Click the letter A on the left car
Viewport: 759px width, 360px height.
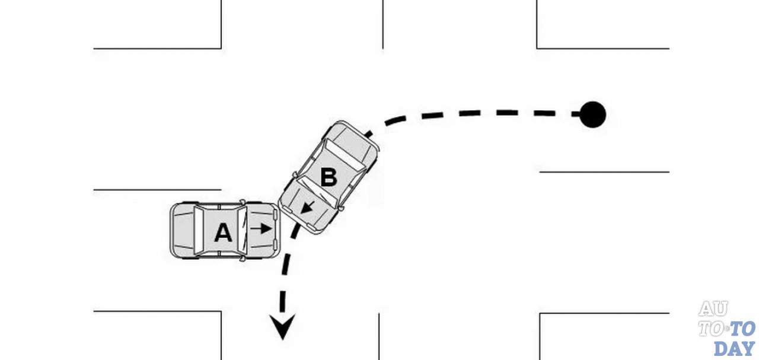223,232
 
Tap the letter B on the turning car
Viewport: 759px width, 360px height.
329,177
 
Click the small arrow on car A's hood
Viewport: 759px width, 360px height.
261,227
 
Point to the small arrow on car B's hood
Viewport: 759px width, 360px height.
307,208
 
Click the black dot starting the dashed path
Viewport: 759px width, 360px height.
592,114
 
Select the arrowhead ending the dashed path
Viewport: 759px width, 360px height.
283,328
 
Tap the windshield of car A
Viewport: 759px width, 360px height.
243,231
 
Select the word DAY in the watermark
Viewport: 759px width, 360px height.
734,347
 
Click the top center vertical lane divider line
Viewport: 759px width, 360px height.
382,24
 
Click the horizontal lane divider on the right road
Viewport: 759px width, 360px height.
604,172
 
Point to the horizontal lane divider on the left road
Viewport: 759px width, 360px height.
157,190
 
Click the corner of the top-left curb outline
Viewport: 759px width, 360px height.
221,48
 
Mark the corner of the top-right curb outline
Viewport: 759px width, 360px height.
537,48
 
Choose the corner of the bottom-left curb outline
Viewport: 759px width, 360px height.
221,312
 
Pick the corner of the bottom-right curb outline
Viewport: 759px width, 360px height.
540,314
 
